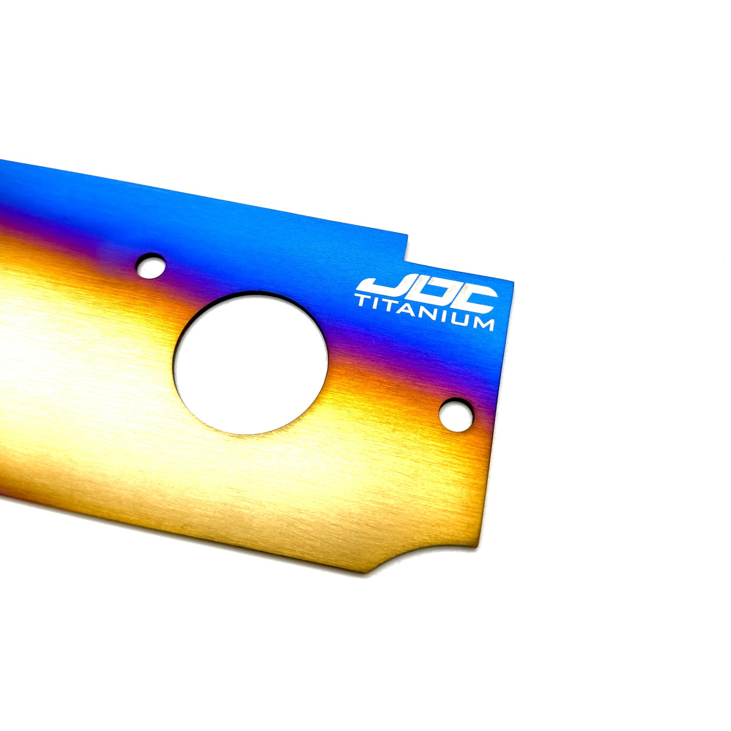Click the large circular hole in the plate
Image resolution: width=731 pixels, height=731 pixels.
(x=250, y=363)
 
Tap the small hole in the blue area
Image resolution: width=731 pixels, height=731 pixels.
(x=151, y=266)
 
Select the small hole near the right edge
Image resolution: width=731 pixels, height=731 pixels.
(x=456, y=415)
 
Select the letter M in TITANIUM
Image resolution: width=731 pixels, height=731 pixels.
(x=482, y=323)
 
